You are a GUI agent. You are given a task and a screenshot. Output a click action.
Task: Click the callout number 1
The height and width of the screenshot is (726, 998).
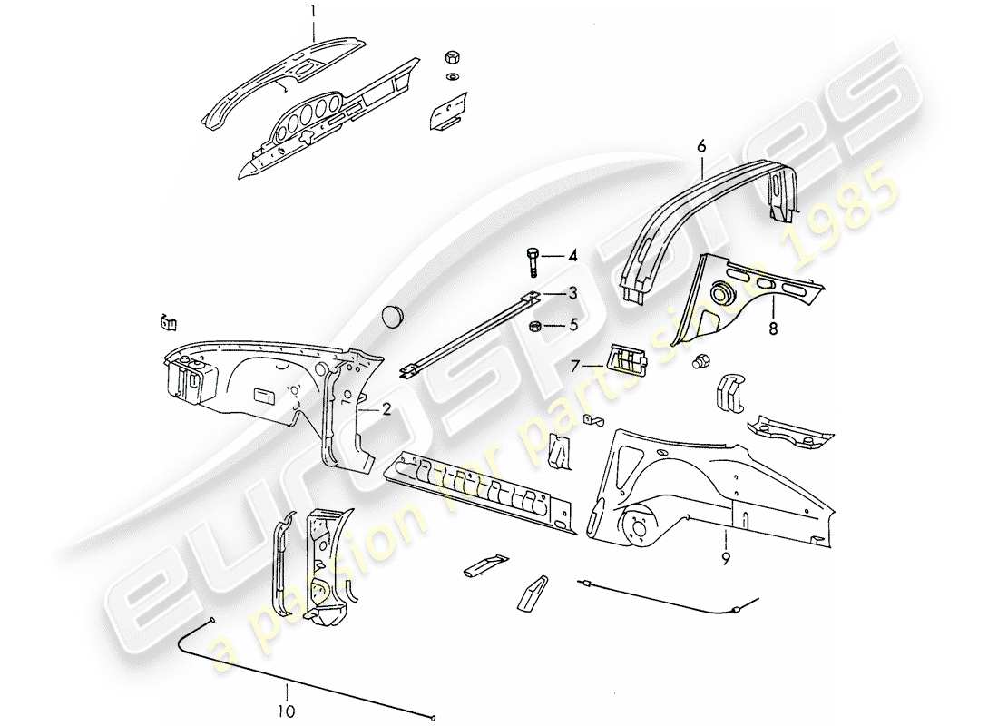pos(313,13)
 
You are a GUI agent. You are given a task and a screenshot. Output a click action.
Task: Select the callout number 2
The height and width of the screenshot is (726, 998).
pos(386,409)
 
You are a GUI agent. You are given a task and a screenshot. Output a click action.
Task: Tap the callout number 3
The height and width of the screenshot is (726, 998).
pos(572,292)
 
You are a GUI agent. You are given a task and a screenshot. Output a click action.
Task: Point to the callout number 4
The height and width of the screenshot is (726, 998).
pos(572,257)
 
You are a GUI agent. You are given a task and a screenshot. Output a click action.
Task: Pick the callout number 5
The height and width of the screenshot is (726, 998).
pos(572,324)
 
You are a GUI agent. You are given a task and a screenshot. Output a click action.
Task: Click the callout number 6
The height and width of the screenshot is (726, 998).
pos(701,144)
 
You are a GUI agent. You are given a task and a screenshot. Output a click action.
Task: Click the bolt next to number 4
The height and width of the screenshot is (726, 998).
pos(533,261)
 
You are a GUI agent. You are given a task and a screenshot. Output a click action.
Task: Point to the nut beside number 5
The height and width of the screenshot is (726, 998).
pos(535,325)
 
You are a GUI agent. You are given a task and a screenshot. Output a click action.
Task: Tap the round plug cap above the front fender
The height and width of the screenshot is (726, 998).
pos(394,314)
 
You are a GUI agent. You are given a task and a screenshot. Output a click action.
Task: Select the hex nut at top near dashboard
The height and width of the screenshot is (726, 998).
pos(451,56)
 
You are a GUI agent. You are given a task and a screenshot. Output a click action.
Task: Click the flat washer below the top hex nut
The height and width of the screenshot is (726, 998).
pos(451,75)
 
